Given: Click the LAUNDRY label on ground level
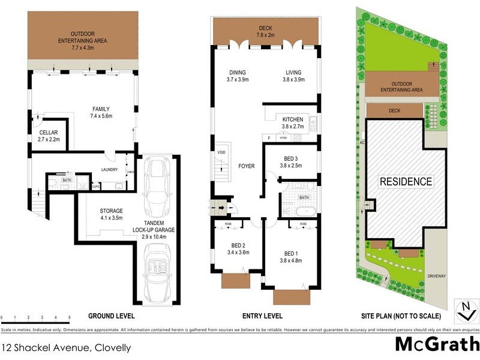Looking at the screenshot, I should [x=110, y=170].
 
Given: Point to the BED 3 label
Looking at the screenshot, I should [x=296, y=162].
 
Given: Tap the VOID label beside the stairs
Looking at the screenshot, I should [x=221, y=152].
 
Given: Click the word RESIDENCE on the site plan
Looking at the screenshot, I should [x=405, y=181].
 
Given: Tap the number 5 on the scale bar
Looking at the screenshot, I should [x=70, y=316].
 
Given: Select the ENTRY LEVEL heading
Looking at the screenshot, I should [x=262, y=316].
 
